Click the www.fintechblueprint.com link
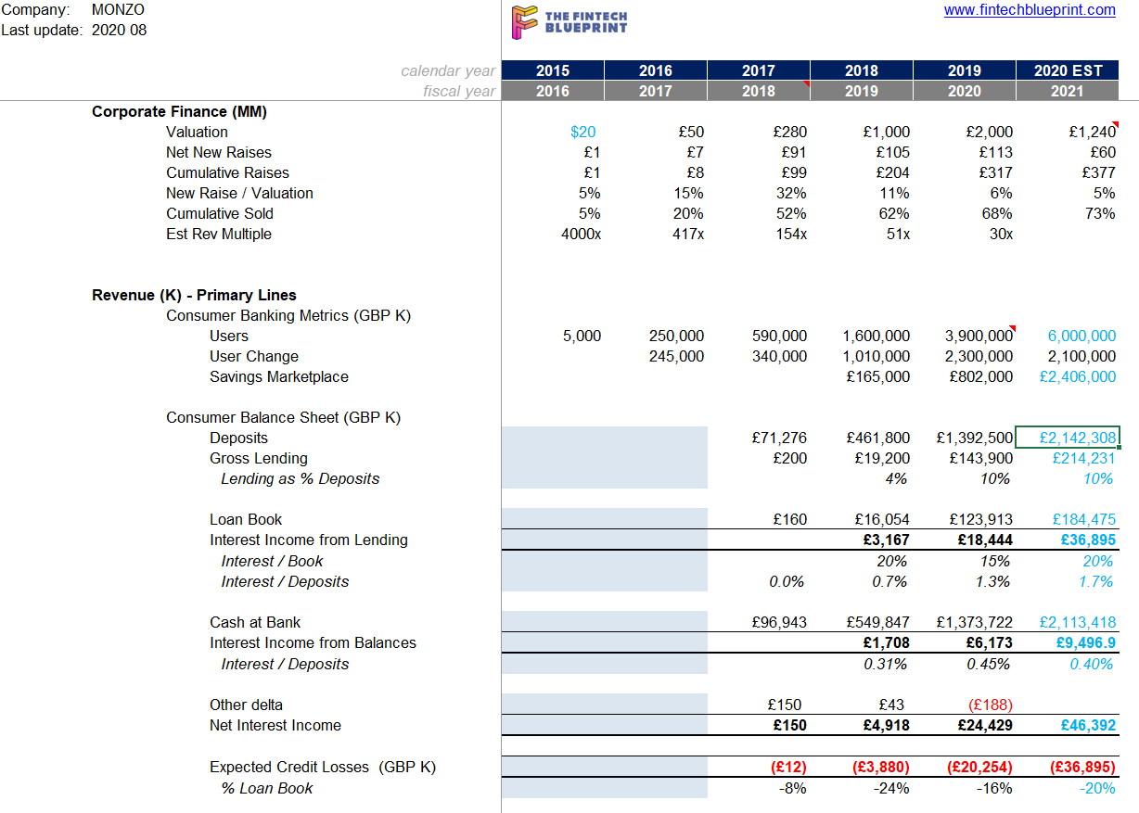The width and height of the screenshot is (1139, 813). click(x=1030, y=9)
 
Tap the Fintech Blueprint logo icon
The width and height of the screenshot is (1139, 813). click(x=524, y=22)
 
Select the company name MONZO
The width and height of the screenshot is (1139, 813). click(x=118, y=9)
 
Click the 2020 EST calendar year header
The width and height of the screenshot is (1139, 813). click(x=1068, y=70)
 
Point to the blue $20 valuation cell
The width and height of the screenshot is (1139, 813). click(x=582, y=133)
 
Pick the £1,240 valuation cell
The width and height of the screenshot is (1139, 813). click(x=1093, y=133)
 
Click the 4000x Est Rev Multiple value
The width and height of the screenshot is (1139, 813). click(x=581, y=235)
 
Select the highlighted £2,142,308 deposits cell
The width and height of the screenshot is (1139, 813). click(x=1067, y=438)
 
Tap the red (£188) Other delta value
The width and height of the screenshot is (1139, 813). click(x=990, y=705)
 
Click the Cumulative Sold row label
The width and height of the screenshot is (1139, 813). click(x=220, y=213)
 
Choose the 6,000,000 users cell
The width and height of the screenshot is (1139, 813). click(x=1081, y=336)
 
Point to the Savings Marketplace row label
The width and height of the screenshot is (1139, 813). click(x=278, y=376)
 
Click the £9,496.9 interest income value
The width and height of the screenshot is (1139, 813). click(x=1085, y=642)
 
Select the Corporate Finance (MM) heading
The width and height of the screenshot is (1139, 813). click(x=179, y=111)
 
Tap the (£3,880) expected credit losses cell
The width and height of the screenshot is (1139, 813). click(x=881, y=767)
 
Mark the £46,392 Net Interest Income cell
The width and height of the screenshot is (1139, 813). click(x=1088, y=725)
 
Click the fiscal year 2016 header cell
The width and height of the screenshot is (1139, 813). click(x=553, y=91)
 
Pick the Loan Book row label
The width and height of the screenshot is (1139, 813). click(x=246, y=519)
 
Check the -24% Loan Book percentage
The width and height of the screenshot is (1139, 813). click(x=891, y=788)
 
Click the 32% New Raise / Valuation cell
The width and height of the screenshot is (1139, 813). click(x=791, y=193)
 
